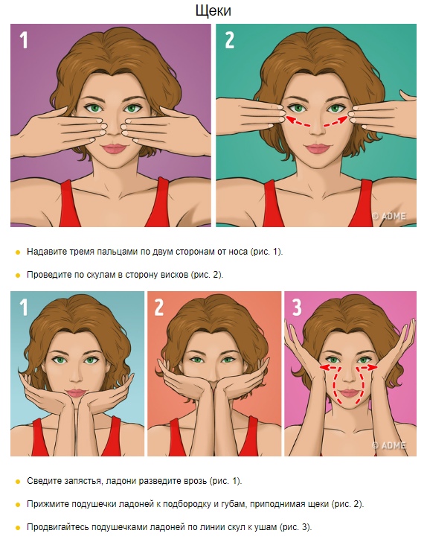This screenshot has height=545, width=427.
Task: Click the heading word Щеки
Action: click(213, 10)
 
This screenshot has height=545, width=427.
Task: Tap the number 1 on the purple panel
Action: click(23, 40)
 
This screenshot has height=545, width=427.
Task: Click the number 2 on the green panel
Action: click(229, 40)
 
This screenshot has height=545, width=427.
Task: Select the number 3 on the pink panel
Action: click(297, 307)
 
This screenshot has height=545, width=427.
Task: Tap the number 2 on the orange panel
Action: click(158, 307)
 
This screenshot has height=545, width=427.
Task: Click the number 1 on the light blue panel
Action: click(23, 307)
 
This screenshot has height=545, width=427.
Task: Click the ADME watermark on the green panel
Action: click(389, 216)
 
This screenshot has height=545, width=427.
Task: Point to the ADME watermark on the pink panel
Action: click(389, 445)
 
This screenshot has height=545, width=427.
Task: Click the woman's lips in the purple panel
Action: click(114, 149)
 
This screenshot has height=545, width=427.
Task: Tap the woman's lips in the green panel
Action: click(317, 149)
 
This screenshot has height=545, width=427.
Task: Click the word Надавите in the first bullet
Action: click(47, 252)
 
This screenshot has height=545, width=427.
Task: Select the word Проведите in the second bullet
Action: click(49, 275)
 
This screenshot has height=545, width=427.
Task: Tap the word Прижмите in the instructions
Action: click(47, 504)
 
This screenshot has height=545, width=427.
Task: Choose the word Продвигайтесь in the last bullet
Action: click(57, 527)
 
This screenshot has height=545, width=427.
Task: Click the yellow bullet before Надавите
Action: click(18, 252)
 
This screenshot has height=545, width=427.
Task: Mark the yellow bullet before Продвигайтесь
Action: click(18, 528)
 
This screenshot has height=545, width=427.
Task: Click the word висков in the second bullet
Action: click(175, 275)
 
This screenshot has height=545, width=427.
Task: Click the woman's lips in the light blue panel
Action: click(77, 393)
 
